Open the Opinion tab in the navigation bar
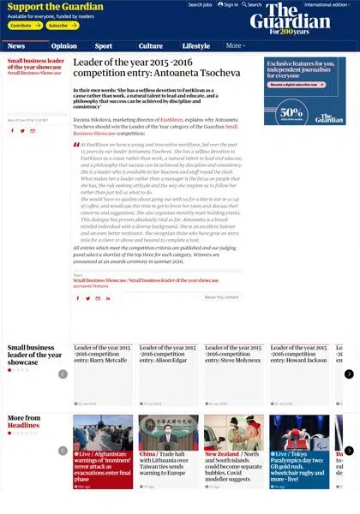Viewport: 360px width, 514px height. (x=63, y=46)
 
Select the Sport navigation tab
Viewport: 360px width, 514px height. (x=104, y=46)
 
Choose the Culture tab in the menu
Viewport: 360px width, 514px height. (x=151, y=46)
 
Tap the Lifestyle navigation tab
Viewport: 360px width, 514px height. (x=196, y=46)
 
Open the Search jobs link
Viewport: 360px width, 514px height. (x=201, y=5)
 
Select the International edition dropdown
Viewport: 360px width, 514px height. (x=330, y=5)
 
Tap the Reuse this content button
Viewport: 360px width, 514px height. (x=221, y=297)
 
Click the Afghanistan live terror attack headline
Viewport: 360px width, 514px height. (x=103, y=464)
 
